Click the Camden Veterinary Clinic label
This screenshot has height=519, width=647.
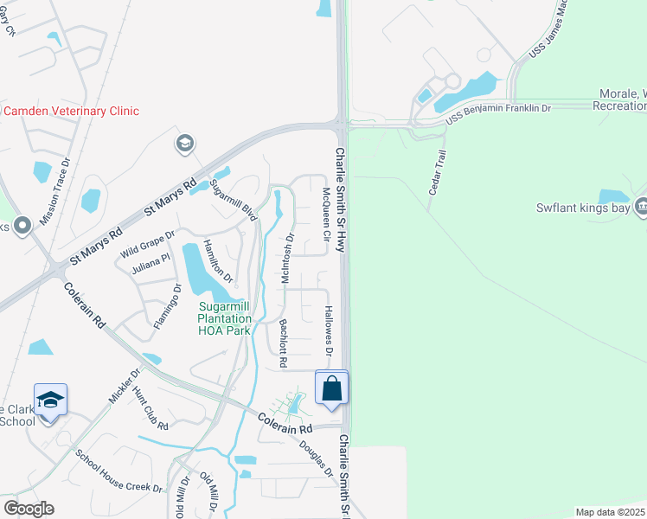pos(70,111)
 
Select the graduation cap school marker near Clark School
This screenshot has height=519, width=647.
pos(51,400)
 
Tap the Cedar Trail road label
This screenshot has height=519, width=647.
pos(437,171)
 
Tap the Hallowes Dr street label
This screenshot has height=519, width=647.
pos(329,330)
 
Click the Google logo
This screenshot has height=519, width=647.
pos(29,509)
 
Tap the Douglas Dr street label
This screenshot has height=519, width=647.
pos(316,458)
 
